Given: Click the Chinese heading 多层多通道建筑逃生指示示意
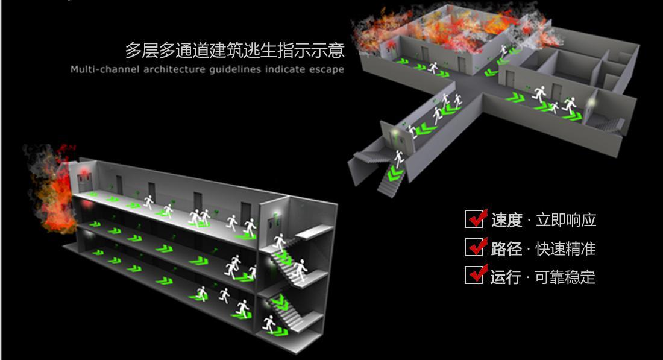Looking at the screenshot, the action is point(234,50).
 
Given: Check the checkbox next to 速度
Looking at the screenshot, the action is point(474,219).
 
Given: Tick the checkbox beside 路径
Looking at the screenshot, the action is point(474,247).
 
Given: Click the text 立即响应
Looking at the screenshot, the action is point(566,220).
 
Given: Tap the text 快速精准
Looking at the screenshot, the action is point(566,248).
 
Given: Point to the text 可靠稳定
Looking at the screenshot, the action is point(565,277).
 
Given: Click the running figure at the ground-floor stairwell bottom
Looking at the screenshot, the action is point(269,324).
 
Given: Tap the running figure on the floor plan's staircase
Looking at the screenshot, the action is point(399,159).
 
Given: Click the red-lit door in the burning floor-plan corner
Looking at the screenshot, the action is point(389,50).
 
